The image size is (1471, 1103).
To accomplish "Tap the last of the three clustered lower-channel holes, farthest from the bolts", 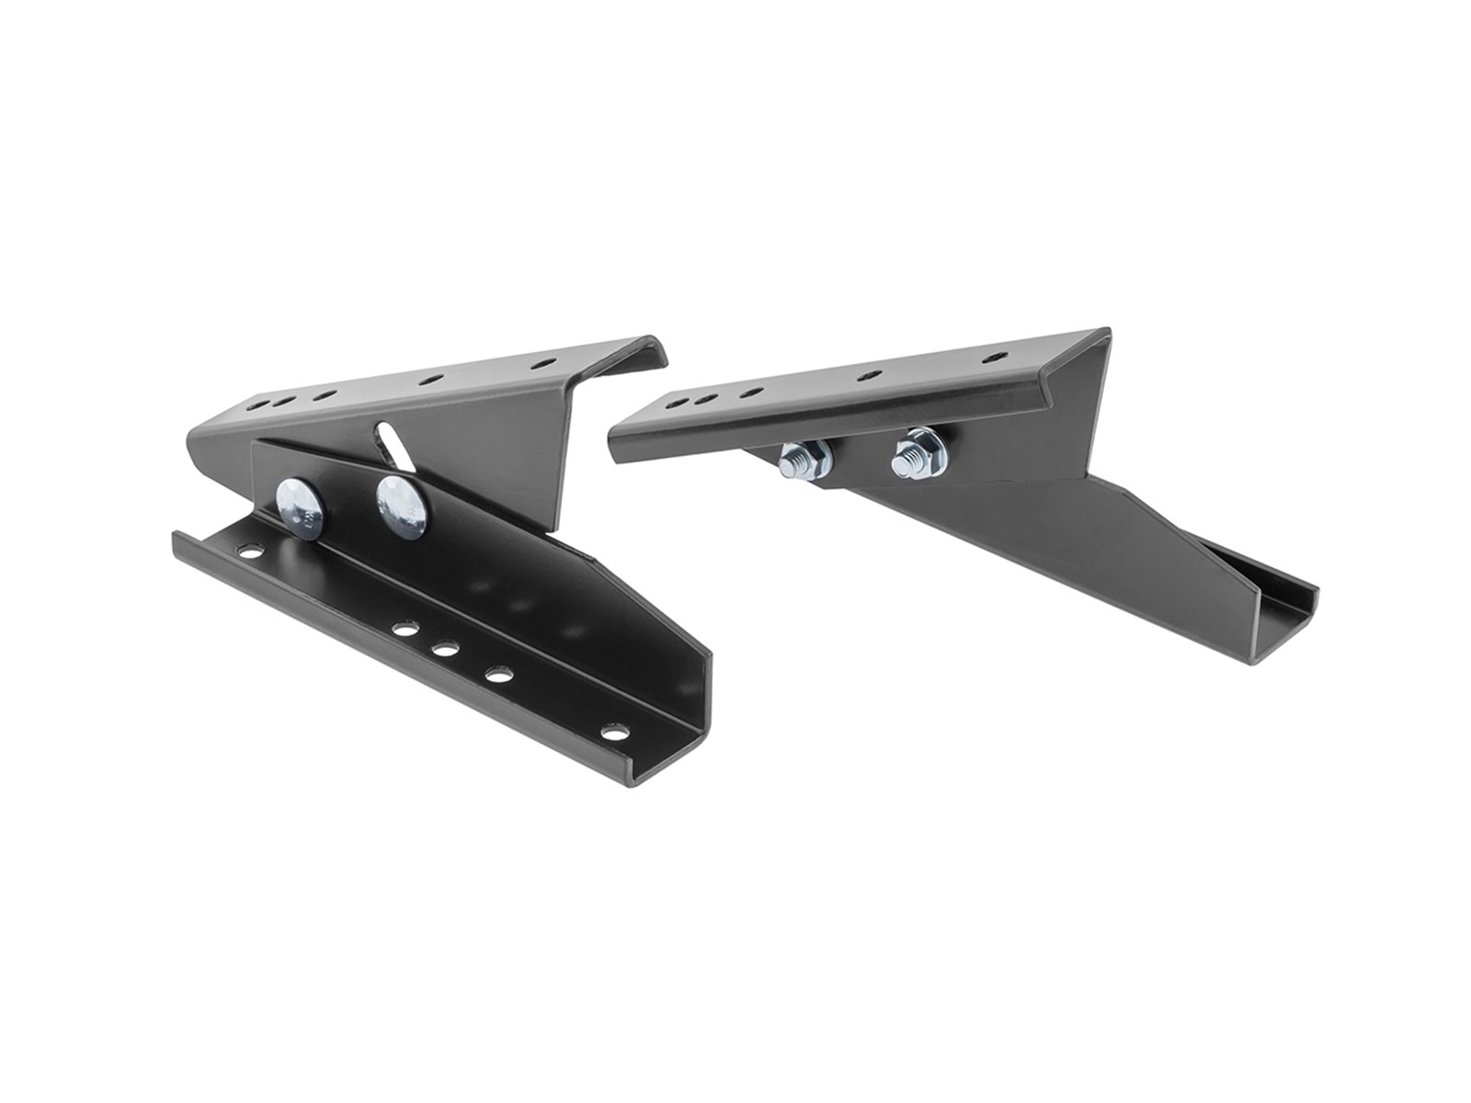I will pos(500,673).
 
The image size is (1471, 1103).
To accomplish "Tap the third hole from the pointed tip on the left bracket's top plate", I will pos(324,394).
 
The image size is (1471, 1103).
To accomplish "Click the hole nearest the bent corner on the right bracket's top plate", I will pos(990,356).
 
